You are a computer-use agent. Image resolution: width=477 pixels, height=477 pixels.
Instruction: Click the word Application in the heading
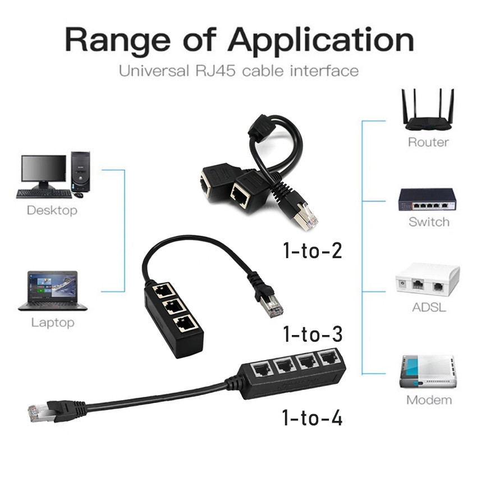pyautogui.click(x=320, y=40)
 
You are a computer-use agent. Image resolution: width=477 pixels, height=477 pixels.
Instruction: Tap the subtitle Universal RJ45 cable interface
pyautogui.click(x=238, y=71)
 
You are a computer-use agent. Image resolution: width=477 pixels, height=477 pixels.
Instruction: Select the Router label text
pyautogui.click(x=428, y=142)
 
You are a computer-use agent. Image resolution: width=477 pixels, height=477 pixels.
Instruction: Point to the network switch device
pyautogui.click(x=427, y=199)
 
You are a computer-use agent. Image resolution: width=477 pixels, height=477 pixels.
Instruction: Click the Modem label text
pyautogui.click(x=429, y=400)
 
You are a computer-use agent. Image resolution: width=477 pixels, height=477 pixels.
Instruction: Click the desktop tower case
pyautogui.click(x=80, y=171)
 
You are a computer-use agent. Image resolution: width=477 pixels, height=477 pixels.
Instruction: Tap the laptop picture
pyautogui.click(x=53, y=291)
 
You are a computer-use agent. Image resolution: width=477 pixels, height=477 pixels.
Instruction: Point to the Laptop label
pyautogui.click(x=52, y=323)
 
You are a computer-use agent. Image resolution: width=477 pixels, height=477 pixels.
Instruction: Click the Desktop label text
pyautogui.click(x=52, y=211)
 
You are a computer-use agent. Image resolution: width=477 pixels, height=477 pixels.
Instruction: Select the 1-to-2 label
pyautogui.click(x=312, y=250)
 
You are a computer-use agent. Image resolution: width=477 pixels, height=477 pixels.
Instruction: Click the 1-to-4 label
pyautogui.click(x=312, y=418)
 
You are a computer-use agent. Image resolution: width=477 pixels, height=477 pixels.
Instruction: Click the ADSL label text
pyautogui.click(x=428, y=308)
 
